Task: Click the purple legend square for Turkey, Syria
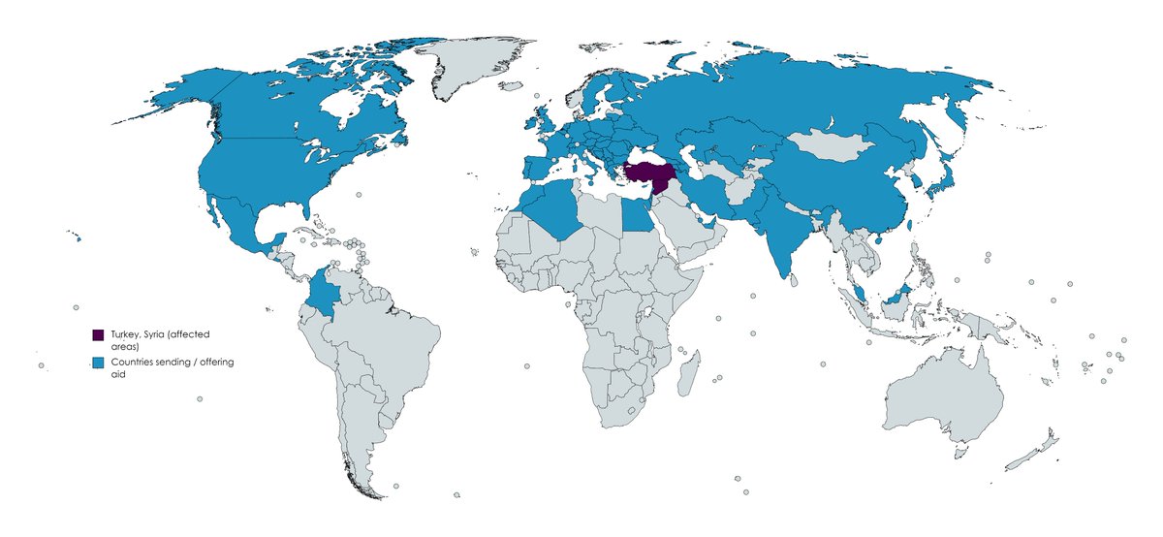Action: pyautogui.click(x=98, y=334)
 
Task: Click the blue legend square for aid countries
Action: pyautogui.click(x=98, y=363)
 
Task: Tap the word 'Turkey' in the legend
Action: pyautogui.click(x=125, y=334)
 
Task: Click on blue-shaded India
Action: pyautogui.click(x=775, y=237)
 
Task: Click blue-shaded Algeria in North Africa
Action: pyautogui.click(x=552, y=213)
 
